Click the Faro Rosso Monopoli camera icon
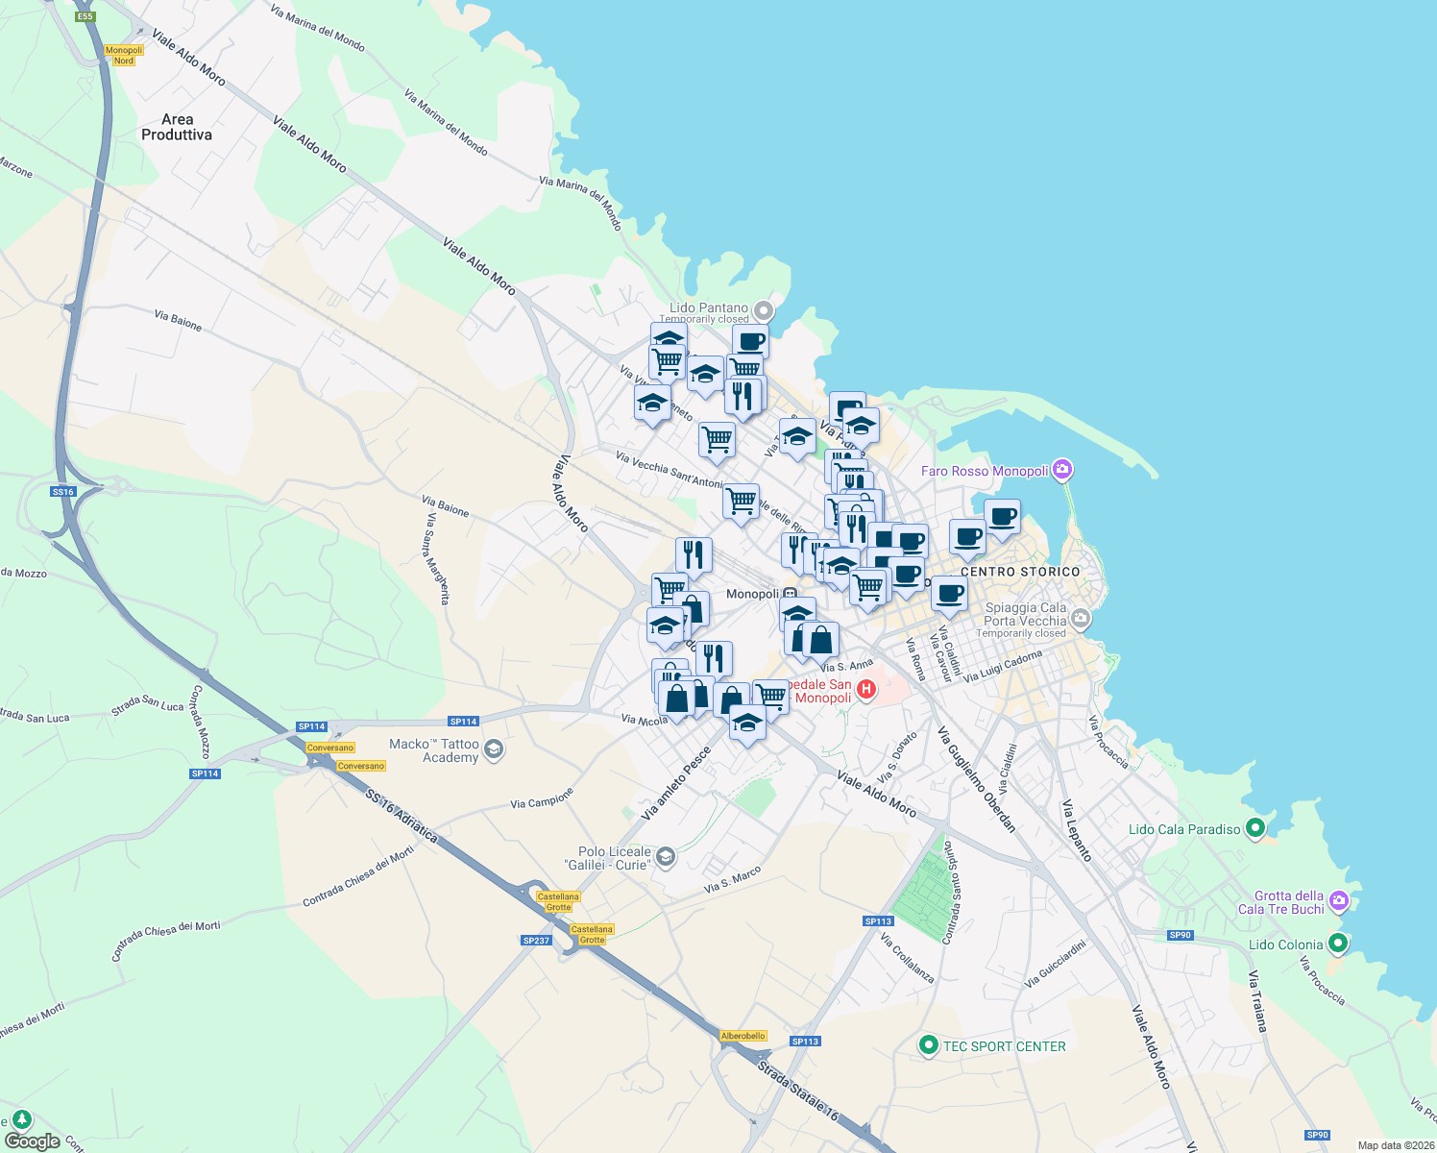1061,470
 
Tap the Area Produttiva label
177,127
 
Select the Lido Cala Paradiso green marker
1254,828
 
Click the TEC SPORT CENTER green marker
928,1045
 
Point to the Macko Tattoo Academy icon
494,749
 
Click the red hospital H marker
866,689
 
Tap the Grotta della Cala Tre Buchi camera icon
1339,901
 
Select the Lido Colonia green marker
1337,944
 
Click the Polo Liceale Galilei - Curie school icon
665,857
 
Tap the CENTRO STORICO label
1020,572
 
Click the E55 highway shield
85,16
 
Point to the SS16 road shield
62,492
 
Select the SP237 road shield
536,941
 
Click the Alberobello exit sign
743,1036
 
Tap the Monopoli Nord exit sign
124,56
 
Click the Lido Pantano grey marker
764,310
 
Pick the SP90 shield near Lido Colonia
1181,935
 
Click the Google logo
32,1141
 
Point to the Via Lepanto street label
1077,830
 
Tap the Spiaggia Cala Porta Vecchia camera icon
1081,618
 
